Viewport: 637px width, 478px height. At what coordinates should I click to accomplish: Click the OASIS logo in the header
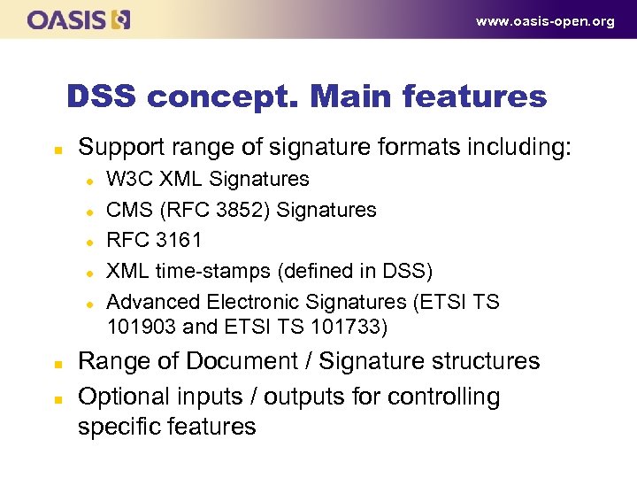[x=79, y=19]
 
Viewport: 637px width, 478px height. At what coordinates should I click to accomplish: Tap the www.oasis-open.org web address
[x=545, y=21]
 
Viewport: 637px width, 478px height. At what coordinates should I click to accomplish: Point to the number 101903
[x=142, y=327]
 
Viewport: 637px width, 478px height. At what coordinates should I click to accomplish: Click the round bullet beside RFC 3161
[x=90, y=241]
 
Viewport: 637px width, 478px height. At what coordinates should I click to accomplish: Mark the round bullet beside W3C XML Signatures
[x=90, y=180]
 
